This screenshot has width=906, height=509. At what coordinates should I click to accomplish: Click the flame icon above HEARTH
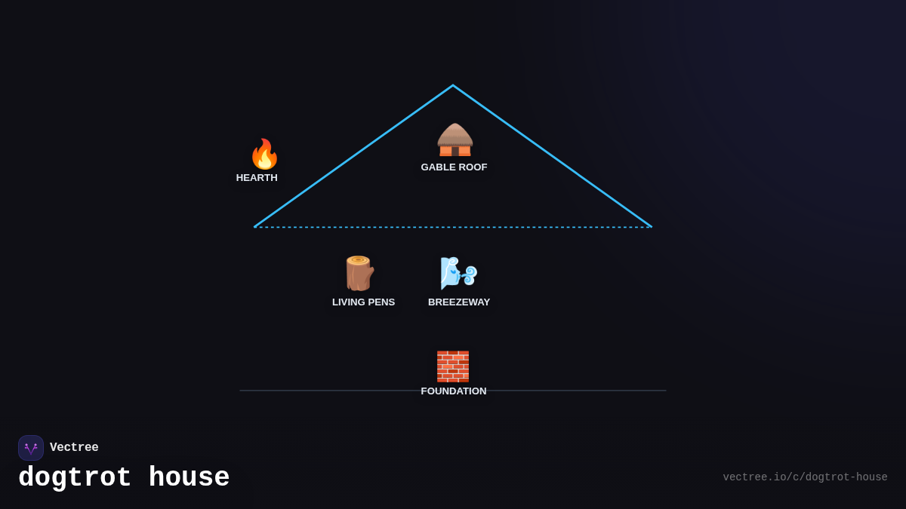(x=264, y=154)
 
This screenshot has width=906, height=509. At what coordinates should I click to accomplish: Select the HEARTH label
(x=257, y=178)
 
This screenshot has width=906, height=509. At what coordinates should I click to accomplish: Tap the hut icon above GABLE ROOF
(x=455, y=140)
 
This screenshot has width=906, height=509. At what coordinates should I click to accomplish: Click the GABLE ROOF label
(x=454, y=167)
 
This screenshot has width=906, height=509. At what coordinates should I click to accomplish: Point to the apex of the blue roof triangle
(x=453, y=85)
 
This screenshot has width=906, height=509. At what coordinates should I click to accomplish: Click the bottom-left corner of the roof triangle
(x=255, y=226)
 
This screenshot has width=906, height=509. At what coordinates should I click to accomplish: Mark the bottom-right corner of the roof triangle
(x=651, y=226)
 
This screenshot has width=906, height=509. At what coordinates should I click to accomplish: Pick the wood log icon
(x=359, y=273)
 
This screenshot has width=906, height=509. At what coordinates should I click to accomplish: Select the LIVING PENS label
(x=363, y=302)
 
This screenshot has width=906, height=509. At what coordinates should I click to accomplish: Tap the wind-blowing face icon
(x=458, y=273)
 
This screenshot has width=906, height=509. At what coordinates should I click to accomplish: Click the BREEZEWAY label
(x=459, y=302)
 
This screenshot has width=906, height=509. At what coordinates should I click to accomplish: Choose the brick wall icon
(x=453, y=366)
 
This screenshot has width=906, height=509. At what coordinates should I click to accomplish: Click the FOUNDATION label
(x=454, y=391)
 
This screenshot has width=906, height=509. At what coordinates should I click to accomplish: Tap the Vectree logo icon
(x=31, y=448)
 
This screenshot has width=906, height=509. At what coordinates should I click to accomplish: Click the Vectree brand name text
(x=74, y=448)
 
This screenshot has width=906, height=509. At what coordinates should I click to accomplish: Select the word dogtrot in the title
(x=75, y=478)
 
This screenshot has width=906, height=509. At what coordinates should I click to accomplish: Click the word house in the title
(x=189, y=478)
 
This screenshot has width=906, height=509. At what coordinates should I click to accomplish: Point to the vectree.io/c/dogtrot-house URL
(x=805, y=477)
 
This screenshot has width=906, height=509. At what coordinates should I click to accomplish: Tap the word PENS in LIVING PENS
(x=381, y=302)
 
